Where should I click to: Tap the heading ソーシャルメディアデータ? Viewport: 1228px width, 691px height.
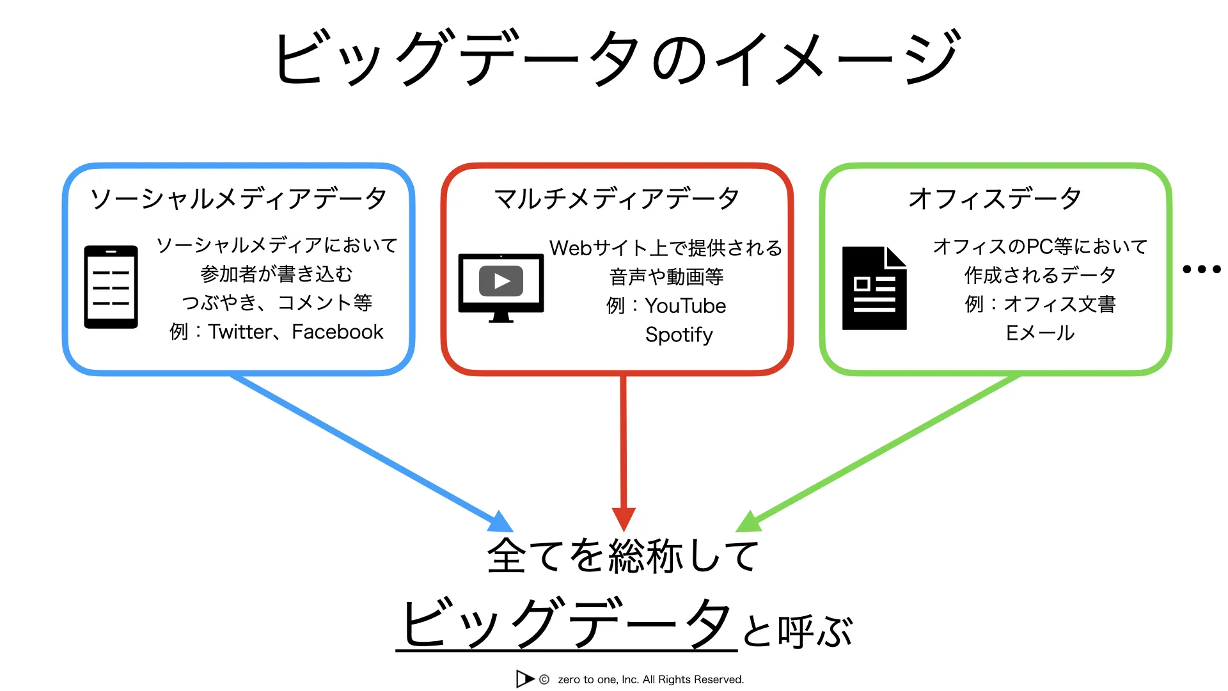[x=238, y=198]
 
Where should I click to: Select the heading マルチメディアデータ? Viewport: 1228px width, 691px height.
[x=617, y=198]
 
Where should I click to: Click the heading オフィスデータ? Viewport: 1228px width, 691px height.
[x=995, y=198]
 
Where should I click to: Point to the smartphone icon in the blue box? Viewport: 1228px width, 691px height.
[x=111, y=287]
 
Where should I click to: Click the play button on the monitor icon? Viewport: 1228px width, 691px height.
[x=501, y=282]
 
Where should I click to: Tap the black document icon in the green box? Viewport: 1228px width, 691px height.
[x=874, y=289]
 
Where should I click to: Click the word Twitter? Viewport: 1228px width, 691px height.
[x=240, y=332]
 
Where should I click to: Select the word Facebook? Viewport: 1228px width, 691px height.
[x=337, y=332]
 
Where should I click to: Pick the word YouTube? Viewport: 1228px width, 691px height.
[x=685, y=306]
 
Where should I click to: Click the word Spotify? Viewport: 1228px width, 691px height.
[x=679, y=335]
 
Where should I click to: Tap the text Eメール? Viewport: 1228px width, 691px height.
[x=1040, y=333]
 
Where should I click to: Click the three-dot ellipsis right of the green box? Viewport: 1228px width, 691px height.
[x=1201, y=269]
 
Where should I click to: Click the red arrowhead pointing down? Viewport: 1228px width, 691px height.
[x=624, y=519]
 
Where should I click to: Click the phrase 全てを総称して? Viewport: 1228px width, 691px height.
[x=624, y=555]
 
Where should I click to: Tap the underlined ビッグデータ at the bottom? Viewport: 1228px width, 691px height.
[x=566, y=623]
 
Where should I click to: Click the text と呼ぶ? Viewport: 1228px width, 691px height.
[x=797, y=631]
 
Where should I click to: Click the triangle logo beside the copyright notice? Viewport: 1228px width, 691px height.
[x=524, y=679]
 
